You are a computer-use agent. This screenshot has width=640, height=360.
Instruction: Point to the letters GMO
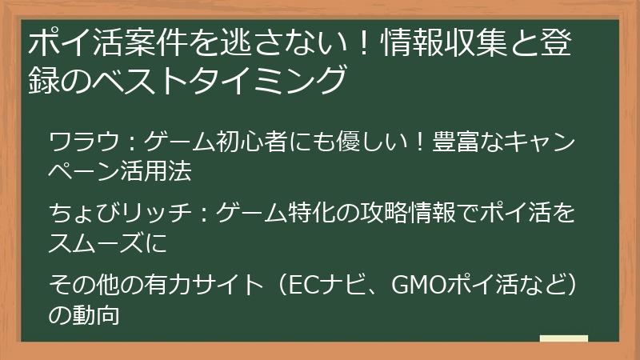[x=415, y=284]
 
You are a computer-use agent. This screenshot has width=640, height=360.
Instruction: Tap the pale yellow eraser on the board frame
[x=563, y=338]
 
